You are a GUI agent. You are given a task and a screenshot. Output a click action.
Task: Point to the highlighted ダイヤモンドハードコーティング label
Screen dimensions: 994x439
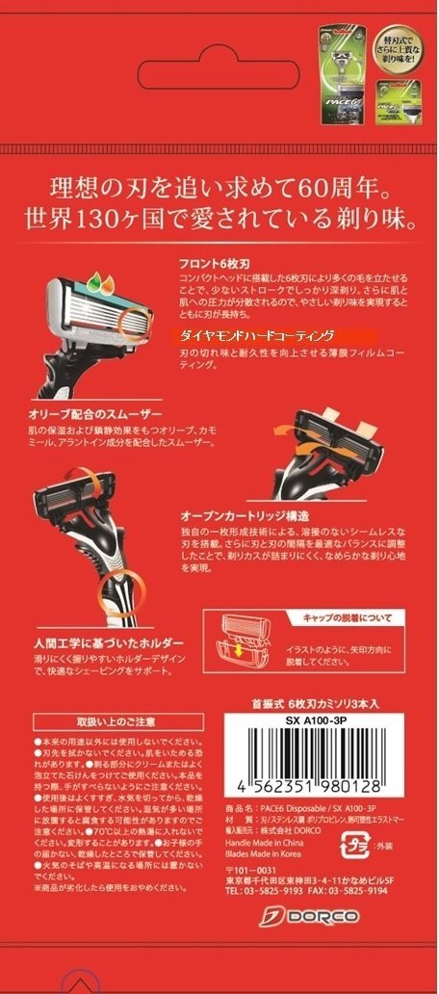pyautogui.click(x=254, y=335)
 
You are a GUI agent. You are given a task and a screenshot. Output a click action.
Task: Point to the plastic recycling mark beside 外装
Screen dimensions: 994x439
pyautogui.click(x=355, y=846)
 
